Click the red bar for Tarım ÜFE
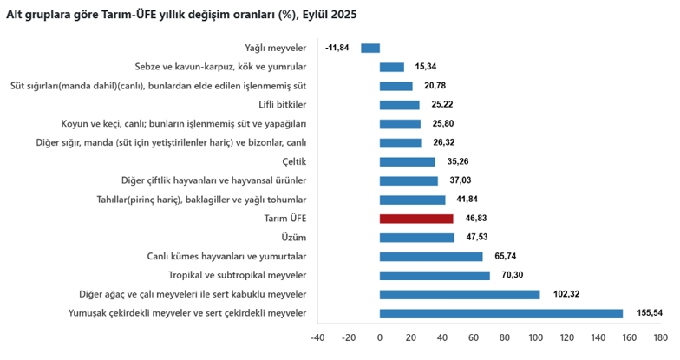[x=404, y=219]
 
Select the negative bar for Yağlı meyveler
[x=370, y=48]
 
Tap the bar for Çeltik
[x=408, y=161]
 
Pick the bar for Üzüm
[x=416, y=238]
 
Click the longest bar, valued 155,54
[x=501, y=313]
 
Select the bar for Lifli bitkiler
[x=400, y=105]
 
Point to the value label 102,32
[x=566, y=295]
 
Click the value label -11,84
[x=337, y=48]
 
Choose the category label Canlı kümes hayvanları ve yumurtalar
[x=226, y=257]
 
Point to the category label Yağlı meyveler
[x=276, y=48]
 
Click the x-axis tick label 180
[x=659, y=337]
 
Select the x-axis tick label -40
[x=317, y=337]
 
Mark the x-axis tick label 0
[x=380, y=337]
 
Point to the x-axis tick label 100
[x=535, y=337]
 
